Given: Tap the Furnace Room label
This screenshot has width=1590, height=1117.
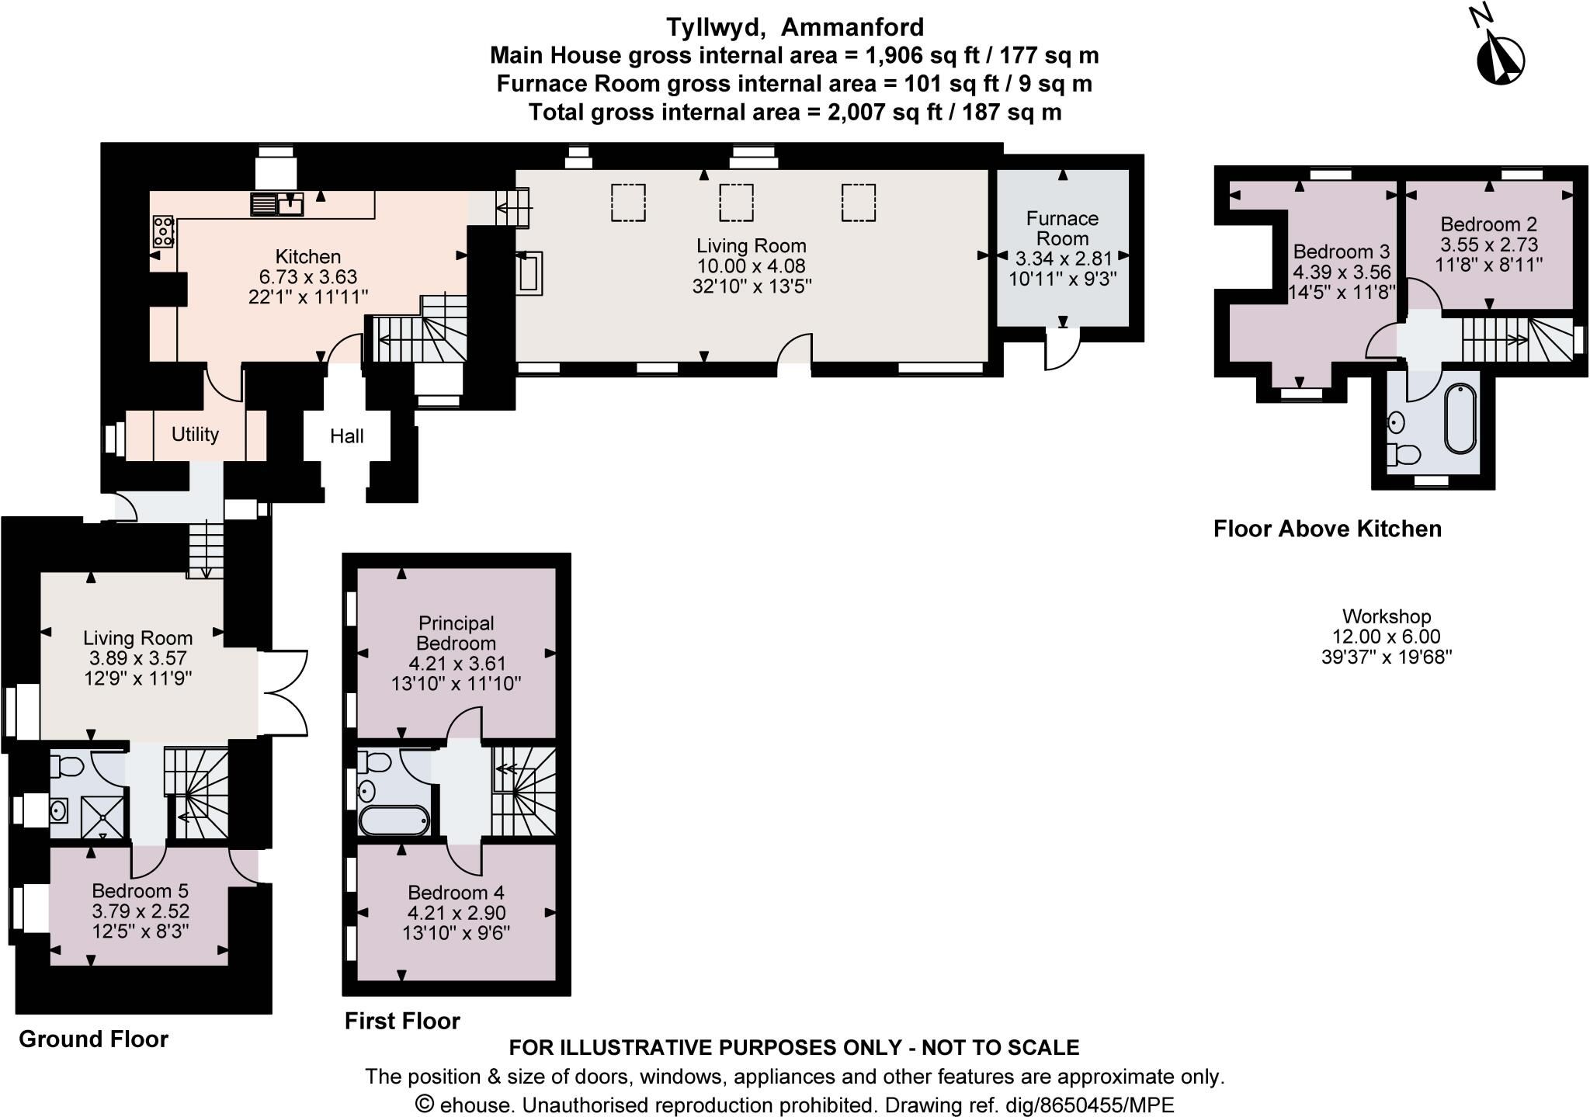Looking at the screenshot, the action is [x=1062, y=228].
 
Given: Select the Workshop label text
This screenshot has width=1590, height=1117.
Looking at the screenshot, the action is [x=1387, y=616].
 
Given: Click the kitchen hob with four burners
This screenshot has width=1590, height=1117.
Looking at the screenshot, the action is [x=163, y=231].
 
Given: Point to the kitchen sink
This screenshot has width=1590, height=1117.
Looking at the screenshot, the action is [x=277, y=204].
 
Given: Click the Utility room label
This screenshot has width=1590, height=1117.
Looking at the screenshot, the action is [x=195, y=434].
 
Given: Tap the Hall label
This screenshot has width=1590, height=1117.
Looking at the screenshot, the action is [x=347, y=436].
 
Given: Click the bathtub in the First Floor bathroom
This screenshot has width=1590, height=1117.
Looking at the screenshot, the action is [x=394, y=820].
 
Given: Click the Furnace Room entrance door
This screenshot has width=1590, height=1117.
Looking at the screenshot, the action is [x=1062, y=349].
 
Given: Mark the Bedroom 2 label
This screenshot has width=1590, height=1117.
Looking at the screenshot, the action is [x=1488, y=224].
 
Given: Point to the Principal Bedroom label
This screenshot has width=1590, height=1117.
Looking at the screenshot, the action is [x=456, y=633].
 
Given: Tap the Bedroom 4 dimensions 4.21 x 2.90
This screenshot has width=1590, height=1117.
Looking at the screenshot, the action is [x=457, y=912].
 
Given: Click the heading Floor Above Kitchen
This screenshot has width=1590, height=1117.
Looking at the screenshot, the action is [x=1327, y=529].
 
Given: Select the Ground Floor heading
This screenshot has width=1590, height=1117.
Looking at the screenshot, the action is [x=93, y=1039].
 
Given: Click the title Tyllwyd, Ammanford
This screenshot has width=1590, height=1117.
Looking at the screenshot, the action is [x=795, y=27].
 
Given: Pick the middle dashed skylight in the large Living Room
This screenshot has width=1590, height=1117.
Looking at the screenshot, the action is [x=736, y=203].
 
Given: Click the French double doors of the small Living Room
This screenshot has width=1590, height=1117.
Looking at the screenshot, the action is [x=283, y=692].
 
